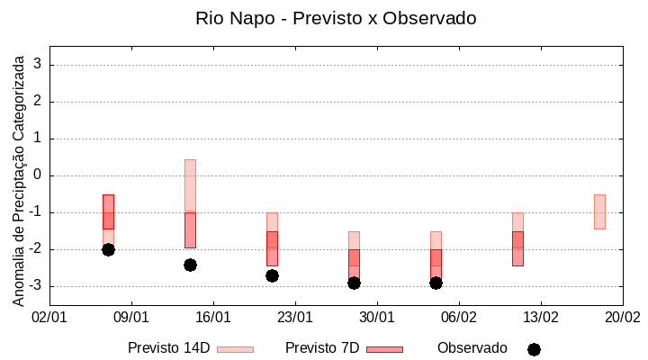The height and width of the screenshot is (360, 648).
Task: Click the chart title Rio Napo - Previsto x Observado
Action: coord(336,18)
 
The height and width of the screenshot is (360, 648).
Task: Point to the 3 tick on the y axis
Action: coord(38,65)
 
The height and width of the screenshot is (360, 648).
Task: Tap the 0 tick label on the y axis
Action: coord(38,175)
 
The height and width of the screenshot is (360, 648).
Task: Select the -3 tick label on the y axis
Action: coord(35,286)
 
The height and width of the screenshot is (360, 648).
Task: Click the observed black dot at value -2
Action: coord(108,249)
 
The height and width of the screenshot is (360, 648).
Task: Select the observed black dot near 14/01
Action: coord(190,265)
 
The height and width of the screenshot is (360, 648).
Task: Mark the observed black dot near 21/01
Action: coord(272,275)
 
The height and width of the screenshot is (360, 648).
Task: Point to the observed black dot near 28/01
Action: coord(354,283)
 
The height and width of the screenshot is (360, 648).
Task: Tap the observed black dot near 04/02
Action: coord(436,283)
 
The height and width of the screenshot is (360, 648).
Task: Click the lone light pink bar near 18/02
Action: coord(599,211)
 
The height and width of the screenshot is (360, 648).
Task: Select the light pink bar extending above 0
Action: coord(190,184)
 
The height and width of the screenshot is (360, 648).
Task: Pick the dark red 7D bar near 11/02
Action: coord(517,248)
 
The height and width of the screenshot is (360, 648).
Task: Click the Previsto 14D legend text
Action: coord(169,348)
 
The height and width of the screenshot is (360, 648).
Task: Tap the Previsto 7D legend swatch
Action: coord(384,349)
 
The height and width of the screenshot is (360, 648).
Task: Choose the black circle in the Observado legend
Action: coord(534,349)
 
